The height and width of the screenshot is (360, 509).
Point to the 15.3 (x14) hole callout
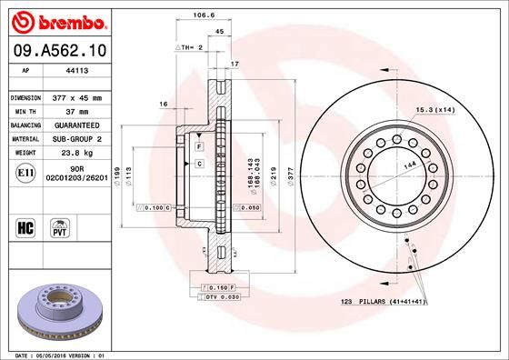[x=435, y=110]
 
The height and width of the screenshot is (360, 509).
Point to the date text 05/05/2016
[x=54, y=354]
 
